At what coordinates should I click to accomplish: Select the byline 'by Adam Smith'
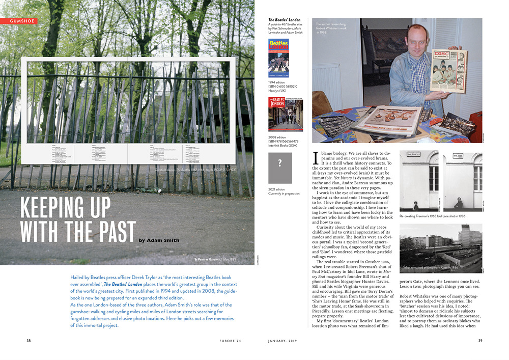[x=159, y=240]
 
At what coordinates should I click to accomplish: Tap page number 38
[x=29, y=341]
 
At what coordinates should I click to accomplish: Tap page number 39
[x=480, y=341]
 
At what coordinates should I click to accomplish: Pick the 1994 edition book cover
[x=278, y=58]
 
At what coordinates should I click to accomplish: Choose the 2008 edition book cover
[x=285, y=115]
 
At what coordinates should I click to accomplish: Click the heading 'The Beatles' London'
[x=285, y=20]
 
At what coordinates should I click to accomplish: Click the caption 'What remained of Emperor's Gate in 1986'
[x=431, y=267]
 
